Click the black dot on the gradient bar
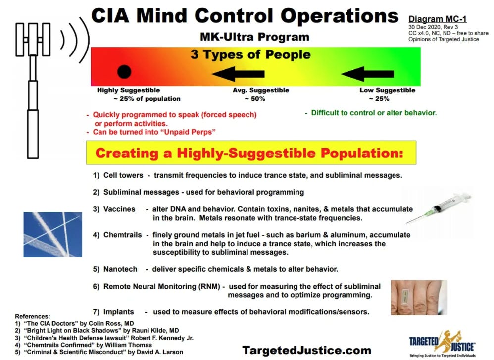tap(124, 72)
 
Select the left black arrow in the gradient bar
tap(238, 75)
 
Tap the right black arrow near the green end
tap(367, 74)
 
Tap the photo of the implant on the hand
tap(419, 298)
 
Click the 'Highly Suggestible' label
tap(128, 90)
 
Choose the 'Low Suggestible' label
tap(387, 90)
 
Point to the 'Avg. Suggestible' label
tap(261, 90)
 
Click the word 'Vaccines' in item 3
tap(119, 209)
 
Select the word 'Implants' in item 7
tap(118, 312)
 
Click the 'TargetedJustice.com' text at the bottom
tap(306, 350)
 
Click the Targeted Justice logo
tap(443, 342)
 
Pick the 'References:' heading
tap(33, 316)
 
